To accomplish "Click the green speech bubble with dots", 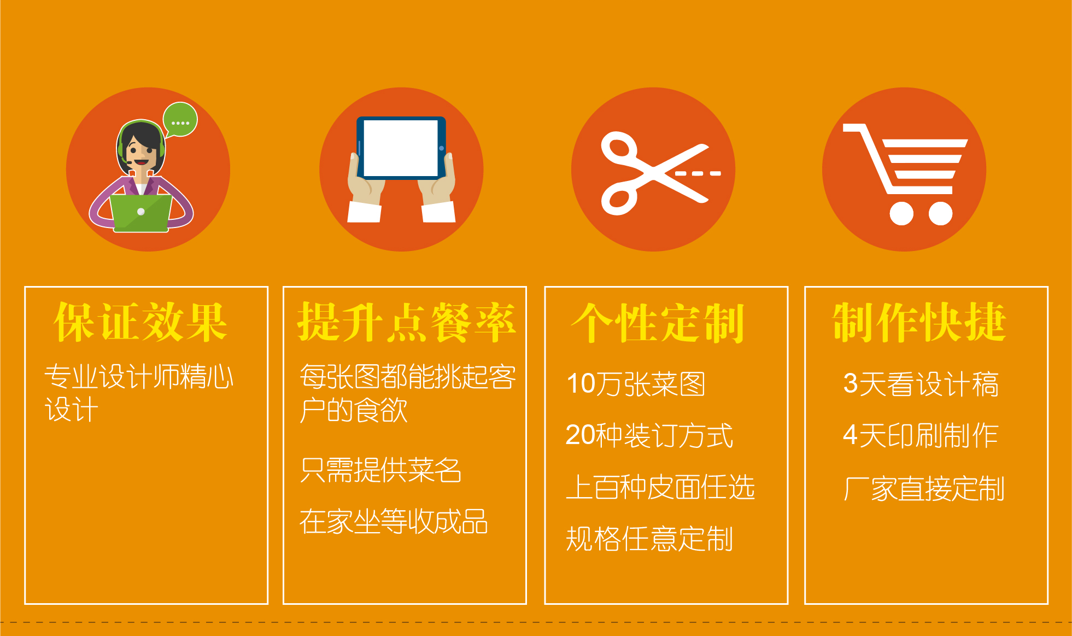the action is point(180,119).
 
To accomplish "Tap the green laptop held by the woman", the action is point(141,213).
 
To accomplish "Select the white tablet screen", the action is point(401,148).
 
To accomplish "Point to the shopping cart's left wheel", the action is point(901,213).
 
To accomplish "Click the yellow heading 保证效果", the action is point(140,323).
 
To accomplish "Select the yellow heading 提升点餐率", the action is point(406,323).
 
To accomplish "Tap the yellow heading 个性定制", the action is point(658,323).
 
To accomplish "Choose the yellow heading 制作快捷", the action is point(919,323).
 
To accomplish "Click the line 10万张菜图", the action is point(636,384).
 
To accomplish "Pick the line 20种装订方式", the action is point(649,435).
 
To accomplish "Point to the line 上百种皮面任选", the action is point(660,487).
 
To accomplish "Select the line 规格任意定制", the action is point(649,539).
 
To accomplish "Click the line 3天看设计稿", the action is point(921,384).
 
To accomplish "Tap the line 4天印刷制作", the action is point(921,435).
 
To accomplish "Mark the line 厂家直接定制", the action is point(924,488).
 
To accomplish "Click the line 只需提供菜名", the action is point(380,470).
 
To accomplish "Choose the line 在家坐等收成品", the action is point(394,521).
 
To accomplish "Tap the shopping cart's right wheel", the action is point(940,213).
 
